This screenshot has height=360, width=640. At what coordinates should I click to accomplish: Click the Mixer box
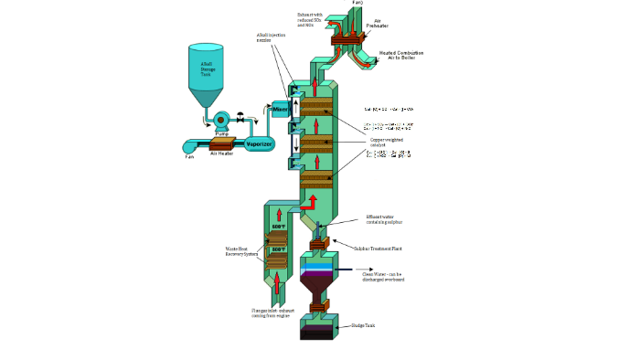click(x=281, y=110)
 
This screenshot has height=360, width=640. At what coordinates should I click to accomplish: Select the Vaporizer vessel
click(x=264, y=143)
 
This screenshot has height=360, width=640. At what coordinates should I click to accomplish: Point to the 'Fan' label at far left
click(x=189, y=156)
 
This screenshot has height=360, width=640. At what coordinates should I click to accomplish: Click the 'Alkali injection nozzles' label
click(x=270, y=38)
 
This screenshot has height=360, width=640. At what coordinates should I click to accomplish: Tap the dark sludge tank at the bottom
click(x=317, y=333)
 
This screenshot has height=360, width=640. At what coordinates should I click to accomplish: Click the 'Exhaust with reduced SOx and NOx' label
click(x=312, y=17)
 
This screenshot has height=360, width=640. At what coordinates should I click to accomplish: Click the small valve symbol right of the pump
click(x=240, y=117)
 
